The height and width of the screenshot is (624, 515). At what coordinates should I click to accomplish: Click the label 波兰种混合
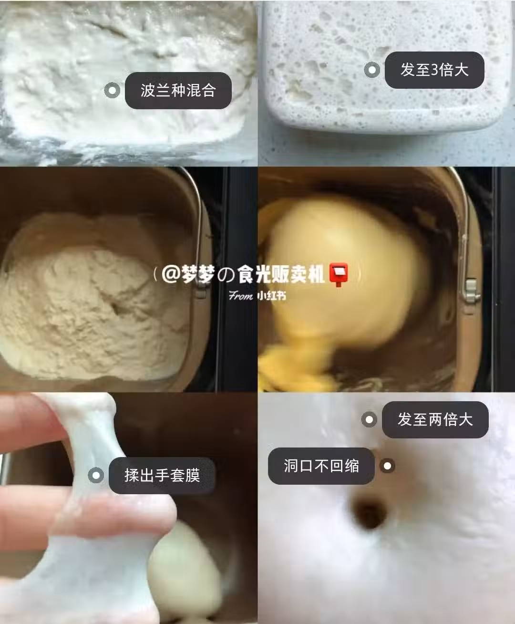[178, 90]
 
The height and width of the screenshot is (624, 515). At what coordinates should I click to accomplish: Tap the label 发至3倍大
[434, 70]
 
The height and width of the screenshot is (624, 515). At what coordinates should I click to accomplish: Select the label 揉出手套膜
[162, 475]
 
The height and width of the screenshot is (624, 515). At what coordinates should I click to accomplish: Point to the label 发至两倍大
[435, 420]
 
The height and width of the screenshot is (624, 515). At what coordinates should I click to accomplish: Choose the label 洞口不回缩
[321, 466]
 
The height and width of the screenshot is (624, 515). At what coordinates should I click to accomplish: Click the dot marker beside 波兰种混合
[113, 90]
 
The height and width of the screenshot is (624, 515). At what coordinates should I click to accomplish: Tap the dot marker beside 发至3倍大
[372, 70]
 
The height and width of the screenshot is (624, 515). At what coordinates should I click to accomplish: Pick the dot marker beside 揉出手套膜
[96, 475]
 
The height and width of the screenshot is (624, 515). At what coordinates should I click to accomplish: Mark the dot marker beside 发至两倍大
[369, 420]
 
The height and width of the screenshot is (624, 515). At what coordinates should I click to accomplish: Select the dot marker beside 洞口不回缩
[388, 466]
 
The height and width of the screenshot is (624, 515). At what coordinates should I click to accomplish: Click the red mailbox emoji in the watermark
[339, 274]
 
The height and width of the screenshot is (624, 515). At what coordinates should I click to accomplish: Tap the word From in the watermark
[241, 296]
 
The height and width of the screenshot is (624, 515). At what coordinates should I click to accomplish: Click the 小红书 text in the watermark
[271, 296]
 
